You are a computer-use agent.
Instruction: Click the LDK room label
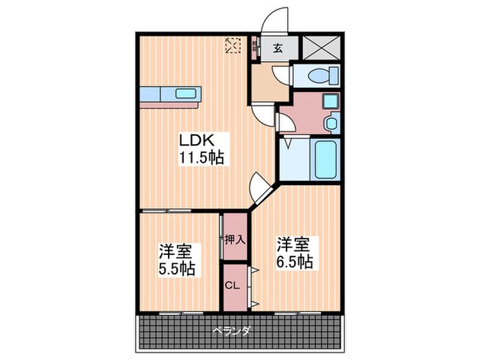pyautogui.click(x=198, y=140)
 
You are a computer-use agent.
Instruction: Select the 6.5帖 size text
pyautogui.click(x=296, y=261)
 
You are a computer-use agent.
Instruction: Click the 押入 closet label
pyautogui.click(x=232, y=240)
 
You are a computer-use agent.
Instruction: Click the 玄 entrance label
pyautogui.click(x=278, y=48)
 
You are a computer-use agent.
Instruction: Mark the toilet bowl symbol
pyautogui.click(x=318, y=75)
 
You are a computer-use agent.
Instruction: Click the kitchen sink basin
pyautogui.click(x=185, y=94)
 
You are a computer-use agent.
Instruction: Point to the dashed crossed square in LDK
pyautogui.click(x=234, y=45)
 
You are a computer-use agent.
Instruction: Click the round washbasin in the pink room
pyautogui.click(x=331, y=124)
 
